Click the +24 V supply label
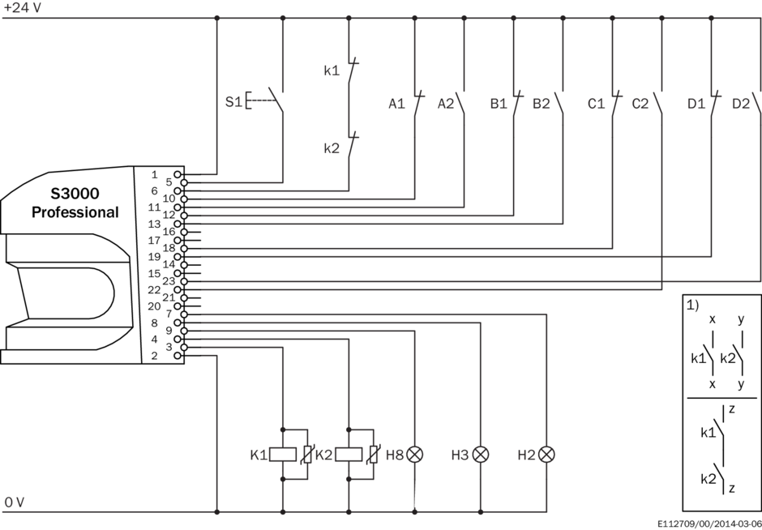23,8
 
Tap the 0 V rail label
14,502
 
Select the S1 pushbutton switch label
233,102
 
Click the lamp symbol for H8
414,455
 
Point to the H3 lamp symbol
481,455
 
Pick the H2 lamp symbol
546,455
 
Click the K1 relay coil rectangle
283,455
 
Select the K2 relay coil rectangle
349,455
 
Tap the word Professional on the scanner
75,212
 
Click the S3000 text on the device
75,194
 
